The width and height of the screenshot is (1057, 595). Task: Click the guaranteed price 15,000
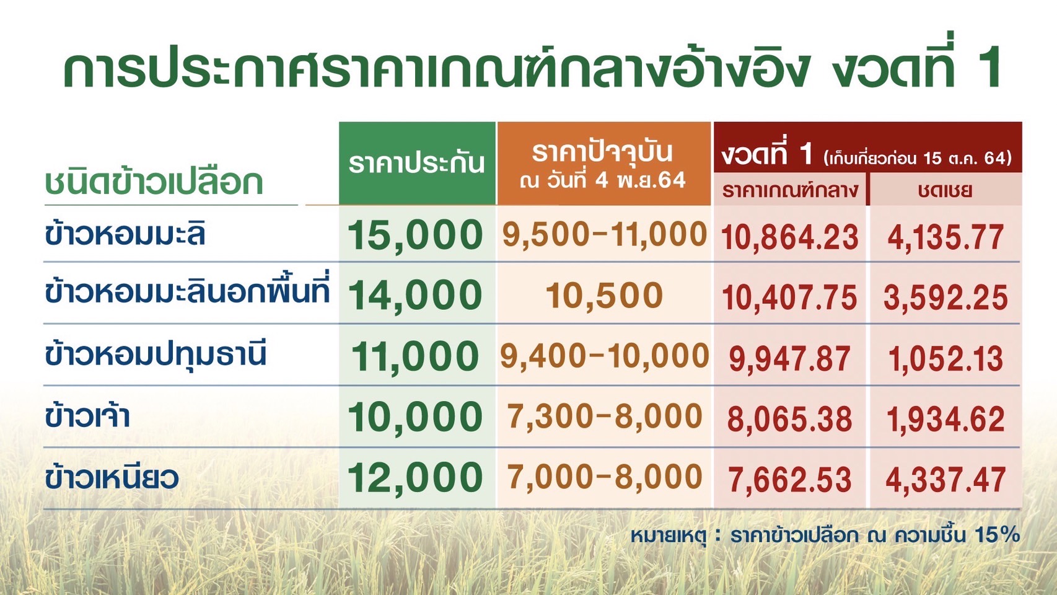pyautogui.click(x=414, y=235)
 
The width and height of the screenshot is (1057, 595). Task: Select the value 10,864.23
pyautogui.click(x=790, y=237)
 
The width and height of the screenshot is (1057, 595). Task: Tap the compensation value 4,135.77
pyautogui.click(x=945, y=237)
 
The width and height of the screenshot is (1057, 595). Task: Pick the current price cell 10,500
pyautogui.click(x=604, y=296)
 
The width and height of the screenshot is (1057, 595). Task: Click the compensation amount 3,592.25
pyautogui.click(x=945, y=298)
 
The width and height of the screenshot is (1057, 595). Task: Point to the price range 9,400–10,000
pyautogui.click(x=604, y=356)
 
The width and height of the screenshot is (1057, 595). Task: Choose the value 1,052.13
pyautogui.click(x=945, y=359)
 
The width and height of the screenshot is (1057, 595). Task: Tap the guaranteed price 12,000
pyautogui.click(x=414, y=477)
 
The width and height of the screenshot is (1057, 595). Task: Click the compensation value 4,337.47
pyautogui.click(x=945, y=480)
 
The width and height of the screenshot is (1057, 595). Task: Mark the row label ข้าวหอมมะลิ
pyautogui.click(x=125, y=233)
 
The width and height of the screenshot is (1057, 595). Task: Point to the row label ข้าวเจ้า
pyautogui.click(x=87, y=415)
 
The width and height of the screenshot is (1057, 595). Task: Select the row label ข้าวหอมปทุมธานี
pyautogui.click(x=156, y=354)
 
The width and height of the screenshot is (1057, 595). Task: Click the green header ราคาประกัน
pyautogui.click(x=416, y=164)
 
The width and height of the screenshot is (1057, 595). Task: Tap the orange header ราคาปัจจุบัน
pyautogui.click(x=602, y=152)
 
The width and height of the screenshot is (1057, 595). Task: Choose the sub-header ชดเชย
pyautogui.click(x=945, y=190)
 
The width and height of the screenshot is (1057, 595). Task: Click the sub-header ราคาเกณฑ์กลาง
pyautogui.click(x=790, y=190)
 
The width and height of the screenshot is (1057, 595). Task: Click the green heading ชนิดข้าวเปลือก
pyautogui.click(x=154, y=182)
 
